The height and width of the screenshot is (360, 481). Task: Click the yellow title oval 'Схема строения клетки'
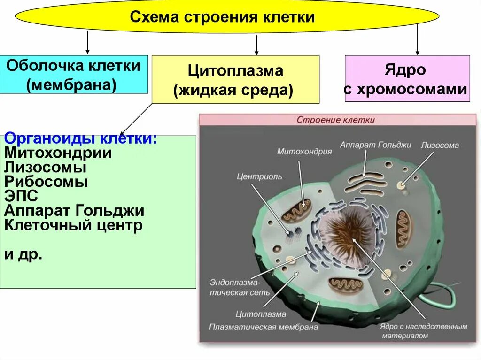(x=227, y=17)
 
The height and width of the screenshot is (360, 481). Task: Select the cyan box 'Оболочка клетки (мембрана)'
(x=74, y=74)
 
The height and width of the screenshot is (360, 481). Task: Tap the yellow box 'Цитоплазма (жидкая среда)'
(x=235, y=79)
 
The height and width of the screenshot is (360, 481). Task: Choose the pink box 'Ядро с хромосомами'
(x=407, y=78)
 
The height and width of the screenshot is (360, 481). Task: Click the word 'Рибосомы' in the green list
(x=46, y=182)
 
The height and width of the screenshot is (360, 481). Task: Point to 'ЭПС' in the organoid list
(x=21, y=196)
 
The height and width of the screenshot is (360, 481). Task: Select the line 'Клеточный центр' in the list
(x=73, y=225)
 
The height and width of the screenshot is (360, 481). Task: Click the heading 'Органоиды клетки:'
(x=80, y=139)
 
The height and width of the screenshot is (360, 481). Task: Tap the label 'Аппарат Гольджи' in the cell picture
(x=375, y=145)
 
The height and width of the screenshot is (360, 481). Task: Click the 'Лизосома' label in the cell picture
(x=440, y=145)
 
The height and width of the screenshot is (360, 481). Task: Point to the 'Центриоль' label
(x=259, y=176)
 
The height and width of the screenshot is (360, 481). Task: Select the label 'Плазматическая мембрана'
(x=264, y=327)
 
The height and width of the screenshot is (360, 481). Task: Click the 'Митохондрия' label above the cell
(x=304, y=151)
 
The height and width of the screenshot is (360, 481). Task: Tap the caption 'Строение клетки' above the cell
(x=335, y=120)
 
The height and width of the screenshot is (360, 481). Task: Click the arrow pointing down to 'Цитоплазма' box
(x=256, y=45)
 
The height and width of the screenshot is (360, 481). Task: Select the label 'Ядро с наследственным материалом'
(x=423, y=331)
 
